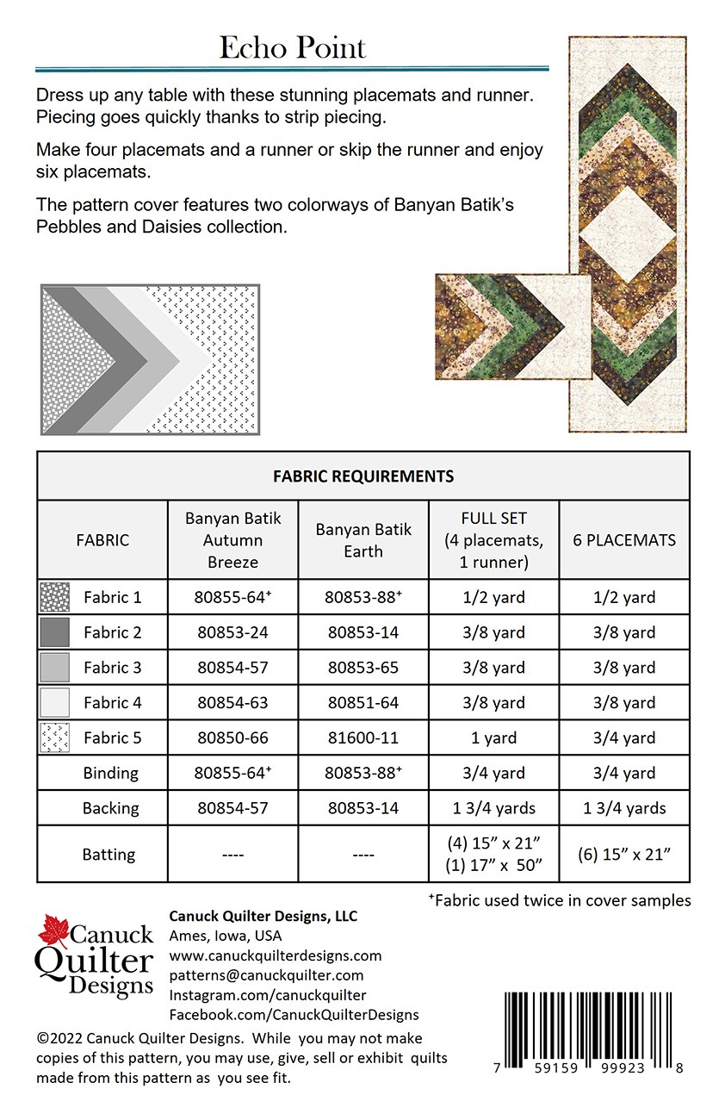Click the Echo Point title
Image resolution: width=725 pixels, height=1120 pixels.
point(292,47)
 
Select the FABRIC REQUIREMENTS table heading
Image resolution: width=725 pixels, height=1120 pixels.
point(362,476)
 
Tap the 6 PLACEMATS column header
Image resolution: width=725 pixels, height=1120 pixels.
point(624,540)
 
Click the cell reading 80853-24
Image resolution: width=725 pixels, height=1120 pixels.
point(232,632)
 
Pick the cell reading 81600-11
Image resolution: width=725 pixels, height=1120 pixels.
point(363,738)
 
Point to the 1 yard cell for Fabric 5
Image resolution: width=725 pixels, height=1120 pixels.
point(493,738)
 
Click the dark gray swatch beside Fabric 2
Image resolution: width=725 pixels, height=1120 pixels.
point(54,632)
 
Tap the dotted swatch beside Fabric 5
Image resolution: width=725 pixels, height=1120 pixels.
point(54,738)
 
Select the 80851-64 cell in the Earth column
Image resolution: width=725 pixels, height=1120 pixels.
point(363,703)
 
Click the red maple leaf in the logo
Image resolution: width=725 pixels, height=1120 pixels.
point(53,930)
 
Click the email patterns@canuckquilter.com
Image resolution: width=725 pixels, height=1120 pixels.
point(266,975)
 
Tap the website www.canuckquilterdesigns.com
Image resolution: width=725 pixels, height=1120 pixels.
point(275,955)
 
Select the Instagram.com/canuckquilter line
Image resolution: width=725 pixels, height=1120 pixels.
point(267,995)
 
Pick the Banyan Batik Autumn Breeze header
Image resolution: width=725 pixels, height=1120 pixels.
point(232,540)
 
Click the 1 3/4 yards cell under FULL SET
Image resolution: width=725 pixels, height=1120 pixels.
point(493,808)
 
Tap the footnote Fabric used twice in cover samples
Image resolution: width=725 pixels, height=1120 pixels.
point(560,900)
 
